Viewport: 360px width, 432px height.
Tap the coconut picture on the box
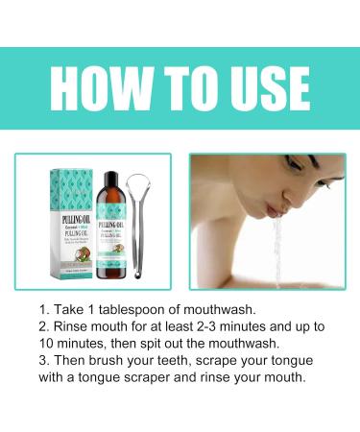pos(90,252)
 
